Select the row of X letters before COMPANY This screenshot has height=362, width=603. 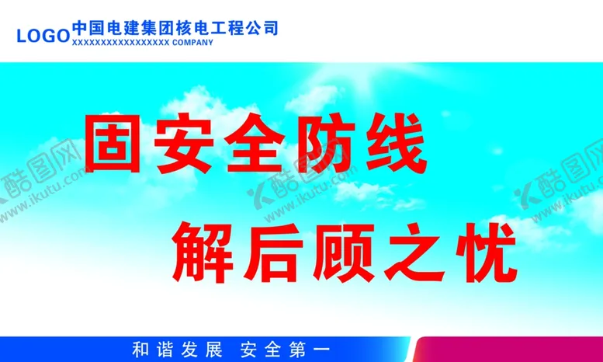(120, 44)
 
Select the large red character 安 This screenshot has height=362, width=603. (186, 144)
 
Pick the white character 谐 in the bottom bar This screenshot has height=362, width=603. (167, 350)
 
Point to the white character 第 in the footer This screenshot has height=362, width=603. (298, 350)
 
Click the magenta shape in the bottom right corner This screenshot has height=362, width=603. (512, 351)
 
